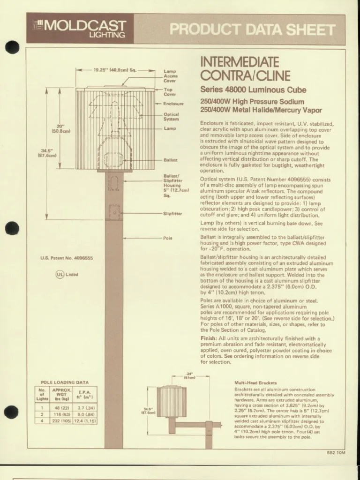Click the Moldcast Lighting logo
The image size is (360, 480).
click(80, 28)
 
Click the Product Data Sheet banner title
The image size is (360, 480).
click(252, 30)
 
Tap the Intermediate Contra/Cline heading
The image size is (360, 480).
click(239, 68)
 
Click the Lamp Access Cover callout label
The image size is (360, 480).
click(170, 76)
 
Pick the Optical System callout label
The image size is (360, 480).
click(171, 116)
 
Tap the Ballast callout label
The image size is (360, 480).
click(170, 160)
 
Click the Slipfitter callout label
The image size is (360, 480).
click(172, 214)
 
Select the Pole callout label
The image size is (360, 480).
click(168, 238)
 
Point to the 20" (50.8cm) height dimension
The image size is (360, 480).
click(61, 128)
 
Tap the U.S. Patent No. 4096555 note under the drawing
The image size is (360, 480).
click(67, 258)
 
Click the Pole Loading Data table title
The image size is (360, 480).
click(65, 382)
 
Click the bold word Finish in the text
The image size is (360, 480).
click(209, 338)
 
